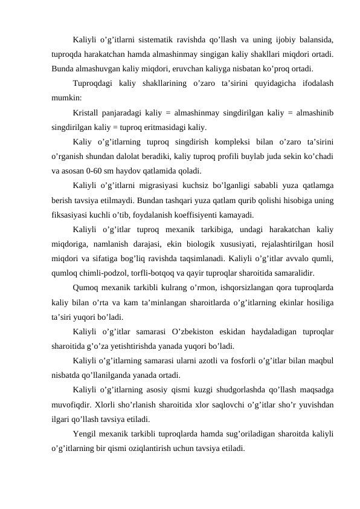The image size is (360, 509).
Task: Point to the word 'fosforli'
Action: pyautogui.click(x=257, y=361)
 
